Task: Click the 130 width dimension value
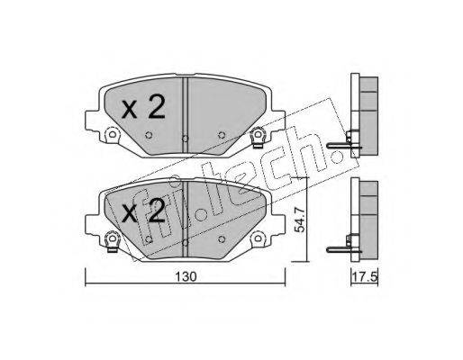[186, 276]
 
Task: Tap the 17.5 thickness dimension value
[365, 276]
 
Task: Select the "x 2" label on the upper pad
[143, 107]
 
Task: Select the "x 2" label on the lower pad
[143, 211]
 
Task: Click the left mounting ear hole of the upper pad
[112, 134]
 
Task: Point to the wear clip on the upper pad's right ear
[258, 137]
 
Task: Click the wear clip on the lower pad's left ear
[113, 241]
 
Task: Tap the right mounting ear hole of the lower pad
[258, 238]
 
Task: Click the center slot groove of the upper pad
[186, 116]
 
